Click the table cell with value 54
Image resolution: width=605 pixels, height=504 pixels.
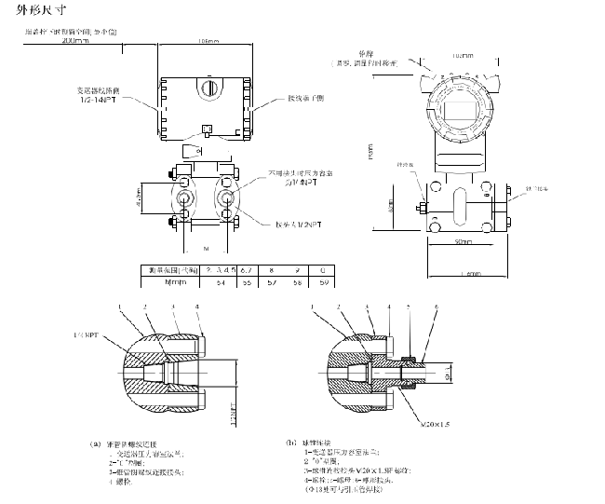point(222,280)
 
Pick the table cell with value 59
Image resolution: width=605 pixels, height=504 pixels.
point(323,280)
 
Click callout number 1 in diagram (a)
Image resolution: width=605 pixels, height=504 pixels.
point(120,306)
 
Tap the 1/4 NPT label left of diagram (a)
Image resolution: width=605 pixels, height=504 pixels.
point(85,333)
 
